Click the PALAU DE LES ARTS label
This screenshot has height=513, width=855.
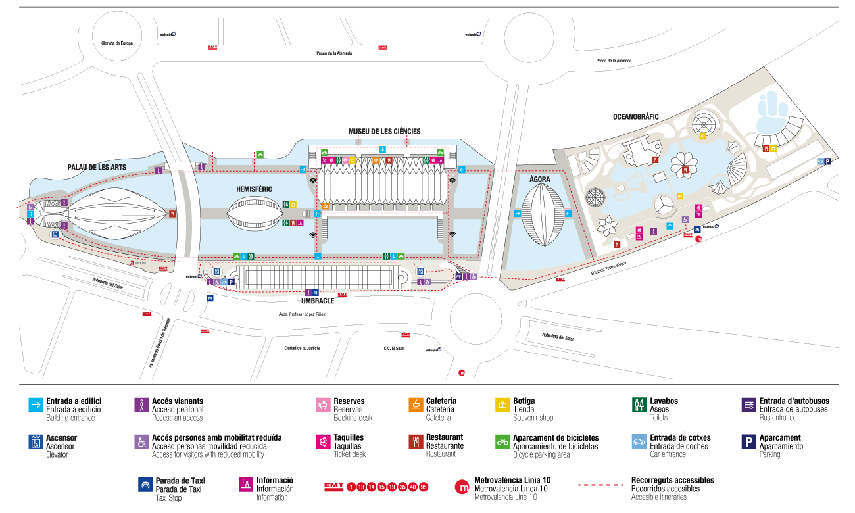coord(97,168)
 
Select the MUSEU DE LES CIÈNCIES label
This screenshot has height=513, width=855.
coord(384,132)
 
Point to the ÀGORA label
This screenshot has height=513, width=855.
coord(539,179)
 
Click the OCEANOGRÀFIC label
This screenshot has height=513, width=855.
coord(635,117)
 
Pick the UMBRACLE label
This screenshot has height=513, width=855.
coord(318,301)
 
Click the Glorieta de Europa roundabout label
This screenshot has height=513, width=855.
coord(117,43)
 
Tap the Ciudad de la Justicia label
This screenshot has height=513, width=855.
coord(302,348)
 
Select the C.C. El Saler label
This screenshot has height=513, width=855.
coord(395,348)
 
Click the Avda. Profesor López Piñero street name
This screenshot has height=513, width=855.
coord(303,314)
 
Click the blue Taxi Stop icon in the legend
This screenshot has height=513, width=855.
coord(145,485)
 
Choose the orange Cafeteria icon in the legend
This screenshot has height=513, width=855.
coord(415,405)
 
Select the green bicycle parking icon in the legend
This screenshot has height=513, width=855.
coord(502,442)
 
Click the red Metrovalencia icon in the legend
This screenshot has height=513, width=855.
coord(462,487)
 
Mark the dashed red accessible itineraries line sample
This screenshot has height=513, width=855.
coord(600,486)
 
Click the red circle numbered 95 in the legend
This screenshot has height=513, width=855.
coord(424,487)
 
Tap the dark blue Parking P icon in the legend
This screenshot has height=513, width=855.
coord(748,442)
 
